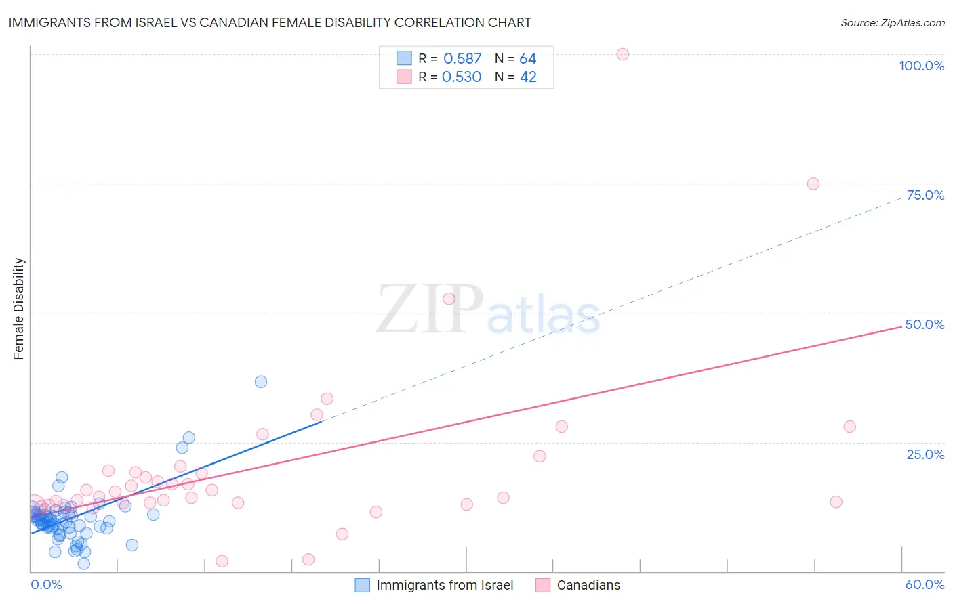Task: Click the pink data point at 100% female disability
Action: click(x=623, y=54)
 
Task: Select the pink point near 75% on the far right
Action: click(x=813, y=184)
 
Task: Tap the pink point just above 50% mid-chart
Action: click(x=449, y=299)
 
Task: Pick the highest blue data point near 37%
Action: click(x=261, y=382)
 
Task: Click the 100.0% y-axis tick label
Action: click(x=921, y=66)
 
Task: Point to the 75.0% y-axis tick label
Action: click(x=925, y=195)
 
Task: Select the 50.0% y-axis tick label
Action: click(x=925, y=324)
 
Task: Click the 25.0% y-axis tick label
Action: click(x=925, y=454)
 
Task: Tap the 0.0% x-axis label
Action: click(x=46, y=584)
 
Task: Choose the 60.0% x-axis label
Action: click(x=925, y=584)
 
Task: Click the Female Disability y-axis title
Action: click(x=19, y=308)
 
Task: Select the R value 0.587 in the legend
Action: click(x=462, y=59)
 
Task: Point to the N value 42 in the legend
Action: click(x=528, y=77)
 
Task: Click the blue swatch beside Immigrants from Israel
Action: click(x=363, y=585)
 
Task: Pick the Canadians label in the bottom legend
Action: click(x=588, y=585)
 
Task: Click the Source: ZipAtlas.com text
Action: click(x=892, y=23)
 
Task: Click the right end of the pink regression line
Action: click(x=901, y=326)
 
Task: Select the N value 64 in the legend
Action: click(x=528, y=59)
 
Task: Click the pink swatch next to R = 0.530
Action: click(x=404, y=77)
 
